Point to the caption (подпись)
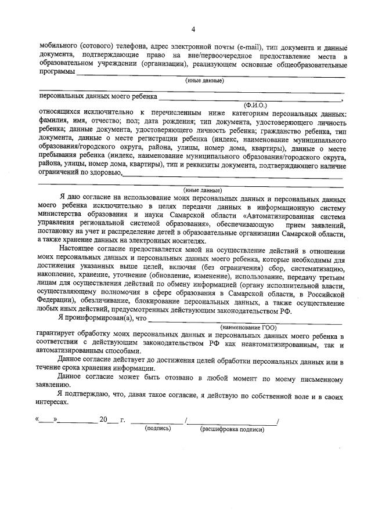click(x=157, y=429)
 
